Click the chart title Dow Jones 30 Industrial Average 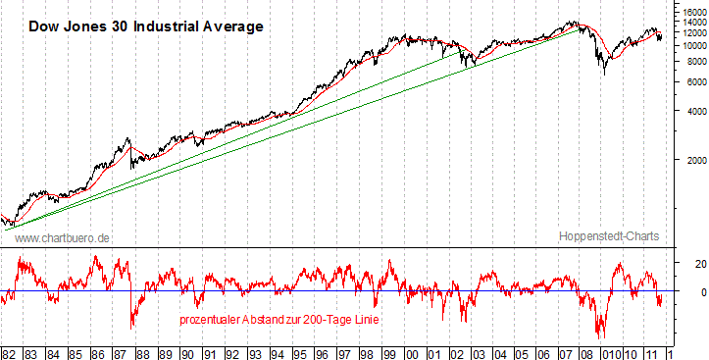tap(144, 26)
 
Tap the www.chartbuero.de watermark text tap(62, 237)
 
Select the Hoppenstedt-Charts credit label tap(609, 237)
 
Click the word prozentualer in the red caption tap(211, 320)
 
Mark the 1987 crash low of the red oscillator tap(132, 326)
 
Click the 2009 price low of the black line tap(606, 75)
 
